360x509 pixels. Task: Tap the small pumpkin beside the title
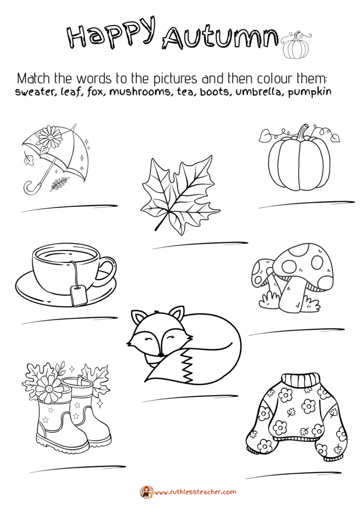(296, 45)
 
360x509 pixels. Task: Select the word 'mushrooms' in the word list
(140, 92)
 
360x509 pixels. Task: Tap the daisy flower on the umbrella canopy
(50, 137)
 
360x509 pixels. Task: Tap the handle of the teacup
(107, 271)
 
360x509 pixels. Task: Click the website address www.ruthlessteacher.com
(194, 492)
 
